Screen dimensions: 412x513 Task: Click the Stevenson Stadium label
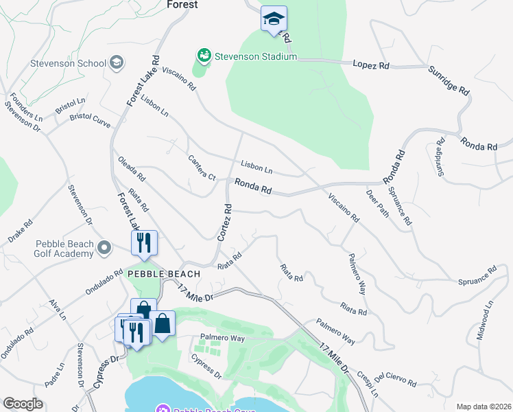coord(254,56)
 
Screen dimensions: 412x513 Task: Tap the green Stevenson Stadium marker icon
coord(203,55)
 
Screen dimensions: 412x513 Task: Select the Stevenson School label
coord(68,64)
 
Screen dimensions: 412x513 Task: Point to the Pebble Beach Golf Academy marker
coord(104,247)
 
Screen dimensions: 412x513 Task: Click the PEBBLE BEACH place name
coord(164,273)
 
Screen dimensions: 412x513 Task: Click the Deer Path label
coord(377,203)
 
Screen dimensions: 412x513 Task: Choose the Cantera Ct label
coord(202,168)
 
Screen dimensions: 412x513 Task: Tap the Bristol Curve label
coord(90,117)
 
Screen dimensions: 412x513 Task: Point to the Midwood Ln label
coord(488,315)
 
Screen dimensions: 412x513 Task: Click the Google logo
coord(23,404)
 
